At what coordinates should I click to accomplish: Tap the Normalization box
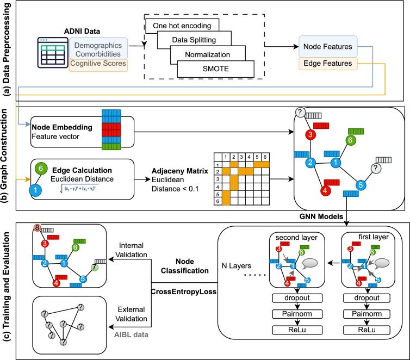tap(208, 54)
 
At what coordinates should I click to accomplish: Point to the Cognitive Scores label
tap(99, 64)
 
